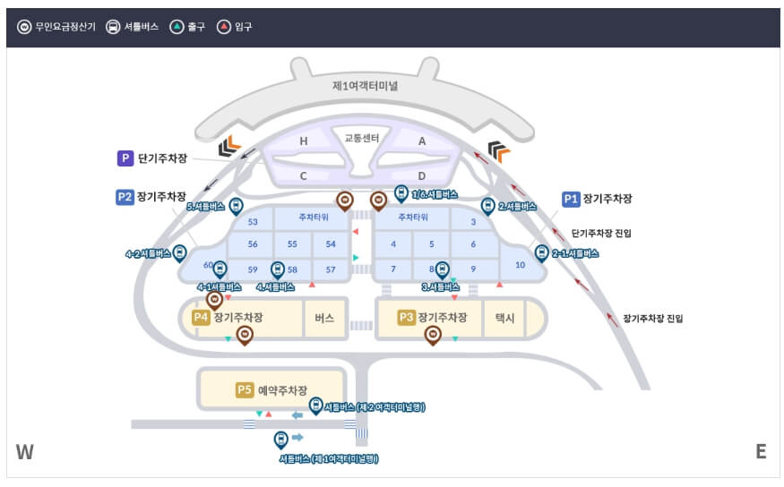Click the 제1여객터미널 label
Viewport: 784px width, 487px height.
[365, 86]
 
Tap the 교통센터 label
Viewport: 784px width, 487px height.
[362, 138]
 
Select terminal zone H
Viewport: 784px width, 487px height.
[303, 141]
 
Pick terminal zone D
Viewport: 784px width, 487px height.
[421, 175]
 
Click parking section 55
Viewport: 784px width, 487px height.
[292, 244]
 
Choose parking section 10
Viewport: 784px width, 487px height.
[520, 265]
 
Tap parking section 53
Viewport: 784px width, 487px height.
[253, 222]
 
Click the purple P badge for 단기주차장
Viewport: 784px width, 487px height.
[125, 158]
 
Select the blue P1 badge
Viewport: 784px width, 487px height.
[571, 199]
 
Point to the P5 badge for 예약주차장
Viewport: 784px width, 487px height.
[245, 389]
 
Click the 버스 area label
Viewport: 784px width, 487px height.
[324, 318]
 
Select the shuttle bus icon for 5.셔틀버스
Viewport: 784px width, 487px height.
[236, 206]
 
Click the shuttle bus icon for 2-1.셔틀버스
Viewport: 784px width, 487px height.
[541, 253]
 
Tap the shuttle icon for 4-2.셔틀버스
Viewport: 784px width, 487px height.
[179, 253]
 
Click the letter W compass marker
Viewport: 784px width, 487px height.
[25, 452]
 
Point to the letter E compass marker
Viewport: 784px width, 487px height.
[761, 452]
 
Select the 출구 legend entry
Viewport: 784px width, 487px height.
[189, 27]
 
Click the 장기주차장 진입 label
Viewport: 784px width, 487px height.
[652, 318]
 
